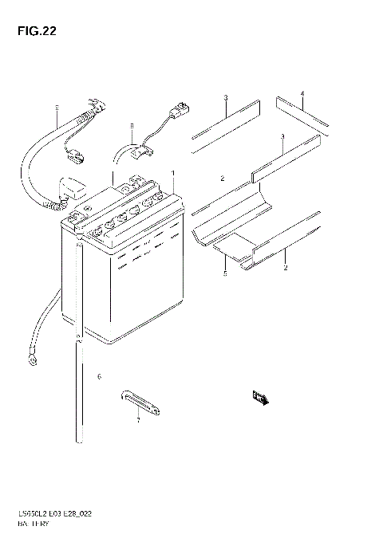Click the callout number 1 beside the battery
tap(172, 173)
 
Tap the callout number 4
tap(302, 94)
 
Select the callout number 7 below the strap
tap(137, 420)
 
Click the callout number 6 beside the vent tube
tap(99, 376)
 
